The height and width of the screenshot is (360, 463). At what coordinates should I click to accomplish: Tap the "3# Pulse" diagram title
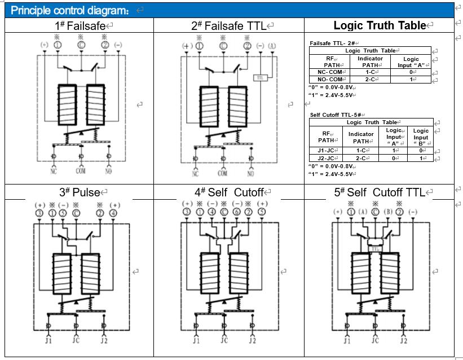point(80,192)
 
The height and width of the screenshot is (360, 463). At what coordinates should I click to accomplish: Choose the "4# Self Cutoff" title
point(228,192)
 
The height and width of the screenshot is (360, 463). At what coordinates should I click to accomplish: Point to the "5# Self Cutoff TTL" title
point(379,192)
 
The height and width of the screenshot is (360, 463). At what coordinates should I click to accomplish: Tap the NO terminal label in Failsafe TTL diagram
point(250,173)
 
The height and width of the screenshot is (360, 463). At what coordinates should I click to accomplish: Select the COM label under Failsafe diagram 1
point(81,170)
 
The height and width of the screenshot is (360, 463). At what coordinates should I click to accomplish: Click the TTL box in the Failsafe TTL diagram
point(261,77)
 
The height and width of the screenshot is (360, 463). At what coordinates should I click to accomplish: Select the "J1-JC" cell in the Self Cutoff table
point(326,151)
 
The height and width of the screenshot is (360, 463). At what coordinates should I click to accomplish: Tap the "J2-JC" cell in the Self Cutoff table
point(326,158)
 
